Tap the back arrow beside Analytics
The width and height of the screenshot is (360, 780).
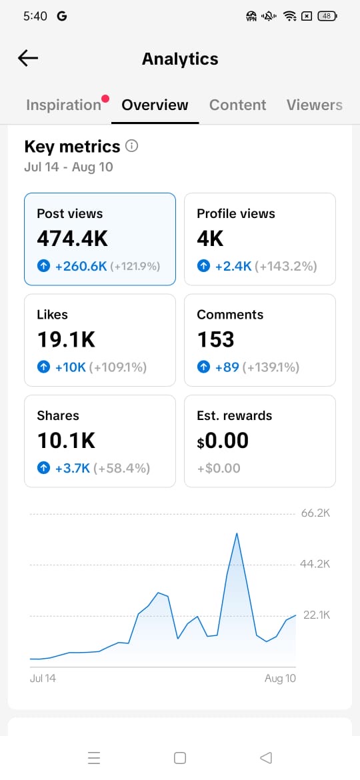28,58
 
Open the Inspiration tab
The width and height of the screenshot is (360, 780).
63,105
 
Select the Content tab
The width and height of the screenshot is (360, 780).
238,105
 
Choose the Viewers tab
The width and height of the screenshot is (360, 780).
314,105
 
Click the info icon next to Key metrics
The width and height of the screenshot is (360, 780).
132,146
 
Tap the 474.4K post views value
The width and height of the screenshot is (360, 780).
73,239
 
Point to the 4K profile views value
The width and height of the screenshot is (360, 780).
210,239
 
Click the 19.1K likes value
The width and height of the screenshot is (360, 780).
66,340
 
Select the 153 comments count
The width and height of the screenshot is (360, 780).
215,340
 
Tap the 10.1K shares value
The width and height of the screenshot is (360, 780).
66,441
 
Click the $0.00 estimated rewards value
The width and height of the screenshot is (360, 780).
222,441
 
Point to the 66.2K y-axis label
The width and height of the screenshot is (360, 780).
315,513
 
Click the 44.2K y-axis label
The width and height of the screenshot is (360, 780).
315,564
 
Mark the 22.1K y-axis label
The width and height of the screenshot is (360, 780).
316,615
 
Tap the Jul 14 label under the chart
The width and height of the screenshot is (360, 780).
43,678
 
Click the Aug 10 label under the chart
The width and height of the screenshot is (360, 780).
280,679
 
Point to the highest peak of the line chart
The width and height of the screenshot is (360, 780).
237,533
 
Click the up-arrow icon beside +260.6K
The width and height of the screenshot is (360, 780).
44,267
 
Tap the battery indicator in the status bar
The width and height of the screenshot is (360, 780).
327,16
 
